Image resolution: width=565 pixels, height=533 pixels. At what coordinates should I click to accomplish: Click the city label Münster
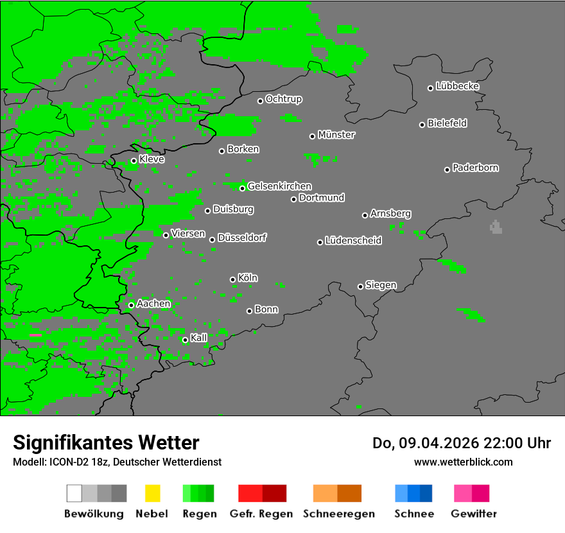coord(336,135)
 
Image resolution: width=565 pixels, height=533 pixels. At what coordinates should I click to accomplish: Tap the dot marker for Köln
coord(232,279)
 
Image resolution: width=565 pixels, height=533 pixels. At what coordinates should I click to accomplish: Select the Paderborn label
coord(475,168)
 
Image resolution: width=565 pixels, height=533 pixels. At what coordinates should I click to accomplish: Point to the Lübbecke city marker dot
coord(430,88)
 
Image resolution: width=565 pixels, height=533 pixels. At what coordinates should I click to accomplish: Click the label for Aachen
coord(153,303)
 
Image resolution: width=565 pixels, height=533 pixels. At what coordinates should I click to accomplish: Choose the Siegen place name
coord(381,285)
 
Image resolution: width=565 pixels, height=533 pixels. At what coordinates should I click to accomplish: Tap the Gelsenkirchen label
coord(279,186)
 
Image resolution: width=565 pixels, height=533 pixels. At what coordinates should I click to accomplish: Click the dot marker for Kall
coord(185,340)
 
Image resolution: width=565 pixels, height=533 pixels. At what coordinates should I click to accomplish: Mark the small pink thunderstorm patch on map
coord(36,335)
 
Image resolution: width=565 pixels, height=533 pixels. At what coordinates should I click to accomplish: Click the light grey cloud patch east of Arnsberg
coord(496,227)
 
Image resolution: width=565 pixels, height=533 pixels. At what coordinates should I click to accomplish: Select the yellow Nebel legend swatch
coord(152,493)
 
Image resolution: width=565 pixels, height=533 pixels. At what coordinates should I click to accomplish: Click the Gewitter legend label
coord(473,514)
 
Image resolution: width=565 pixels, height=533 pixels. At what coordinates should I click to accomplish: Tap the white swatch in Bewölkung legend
coord(74,493)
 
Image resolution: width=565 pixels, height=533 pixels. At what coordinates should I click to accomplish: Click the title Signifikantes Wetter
coord(106,442)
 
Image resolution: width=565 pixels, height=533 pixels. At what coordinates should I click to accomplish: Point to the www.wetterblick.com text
coord(463,462)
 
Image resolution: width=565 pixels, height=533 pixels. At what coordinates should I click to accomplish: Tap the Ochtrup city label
coord(283,99)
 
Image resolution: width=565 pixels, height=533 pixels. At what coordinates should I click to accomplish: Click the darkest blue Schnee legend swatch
coord(426,493)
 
